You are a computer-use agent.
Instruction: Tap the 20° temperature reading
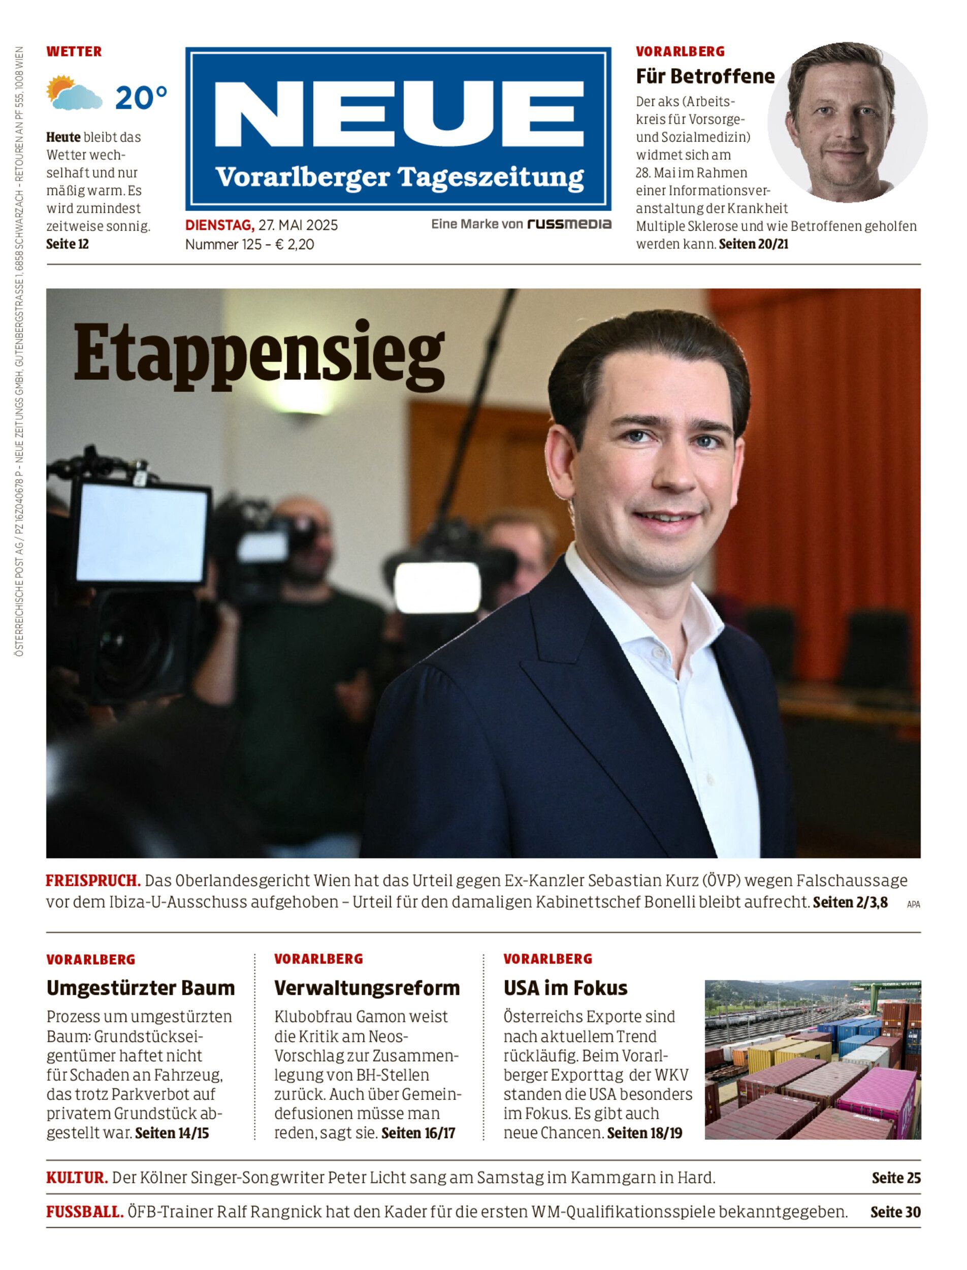(x=141, y=98)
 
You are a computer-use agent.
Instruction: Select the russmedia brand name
(x=569, y=224)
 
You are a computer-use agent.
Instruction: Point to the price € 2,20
(x=295, y=245)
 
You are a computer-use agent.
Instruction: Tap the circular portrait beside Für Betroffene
(x=847, y=122)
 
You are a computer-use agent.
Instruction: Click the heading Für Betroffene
(x=704, y=76)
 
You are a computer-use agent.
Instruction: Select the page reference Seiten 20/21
(x=754, y=244)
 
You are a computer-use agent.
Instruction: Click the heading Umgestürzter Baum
(x=141, y=988)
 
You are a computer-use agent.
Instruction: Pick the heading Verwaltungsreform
(x=367, y=988)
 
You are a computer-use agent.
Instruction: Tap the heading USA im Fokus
(x=565, y=988)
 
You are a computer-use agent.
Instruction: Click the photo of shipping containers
(x=812, y=1060)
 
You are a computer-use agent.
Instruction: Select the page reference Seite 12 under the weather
(x=68, y=244)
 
